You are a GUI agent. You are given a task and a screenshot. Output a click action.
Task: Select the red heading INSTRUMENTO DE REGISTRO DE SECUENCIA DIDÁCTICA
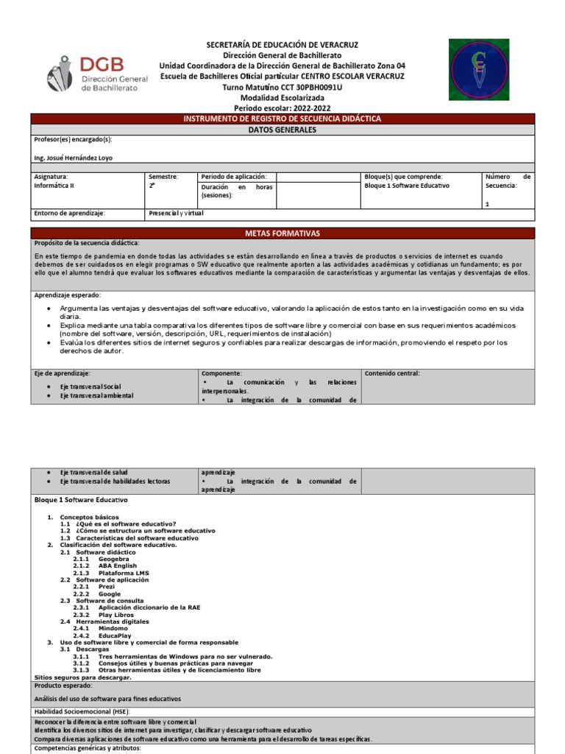coord(282,119)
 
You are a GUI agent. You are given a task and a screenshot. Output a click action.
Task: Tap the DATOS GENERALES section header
coord(282,130)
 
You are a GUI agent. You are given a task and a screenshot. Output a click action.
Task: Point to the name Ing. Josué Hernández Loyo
coord(74,158)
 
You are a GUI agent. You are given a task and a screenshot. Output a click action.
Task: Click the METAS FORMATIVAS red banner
coord(282,233)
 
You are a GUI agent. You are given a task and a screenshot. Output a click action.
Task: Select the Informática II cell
coord(54,186)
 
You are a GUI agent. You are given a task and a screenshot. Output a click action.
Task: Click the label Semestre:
coord(163,177)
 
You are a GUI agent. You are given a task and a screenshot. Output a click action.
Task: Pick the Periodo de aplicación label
coord(233,177)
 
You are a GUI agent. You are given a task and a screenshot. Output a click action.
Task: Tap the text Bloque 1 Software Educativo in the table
coord(406,186)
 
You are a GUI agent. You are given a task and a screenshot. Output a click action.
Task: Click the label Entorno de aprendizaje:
coord(70,214)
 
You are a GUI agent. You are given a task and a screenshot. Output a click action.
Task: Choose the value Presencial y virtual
coord(176,214)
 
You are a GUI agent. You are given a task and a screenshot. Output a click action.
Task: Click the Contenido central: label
coord(392,373)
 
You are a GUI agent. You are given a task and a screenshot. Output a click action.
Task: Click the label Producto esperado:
coord(63,685)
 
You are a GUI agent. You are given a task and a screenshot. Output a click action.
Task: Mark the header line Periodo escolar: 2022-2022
coord(282,108)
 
